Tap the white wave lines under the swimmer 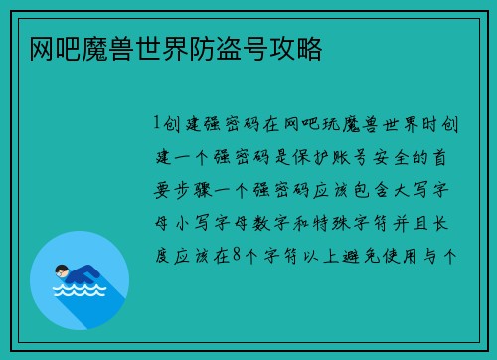point(79,293)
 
